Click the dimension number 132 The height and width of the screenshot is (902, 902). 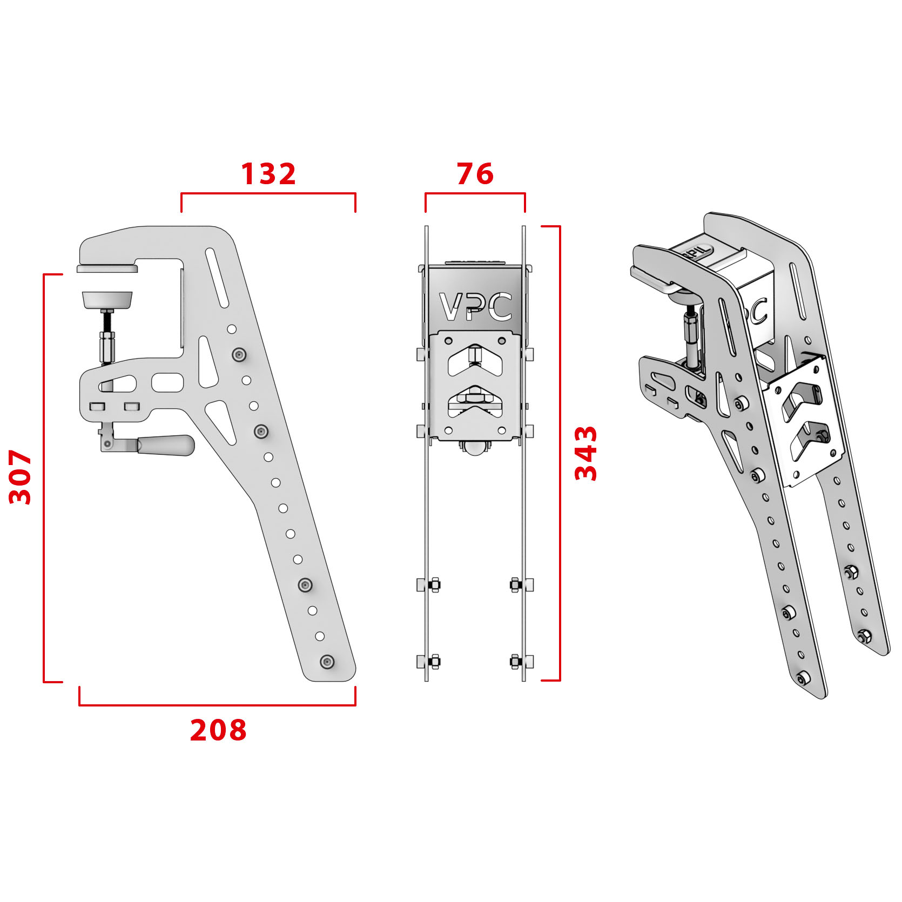pyautogui.click(x=268, y=174)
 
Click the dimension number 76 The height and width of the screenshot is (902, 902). pyautogui.click(x=475, y=174)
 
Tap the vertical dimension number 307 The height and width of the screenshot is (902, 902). pyautogui.click(x=21, y=477)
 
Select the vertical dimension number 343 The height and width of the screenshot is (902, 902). pyautogui.click(x=585, y=453)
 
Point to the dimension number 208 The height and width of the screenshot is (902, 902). pyautogui.click(x=218, y=730)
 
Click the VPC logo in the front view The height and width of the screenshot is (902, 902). pyautogui.click(x=475, y=307)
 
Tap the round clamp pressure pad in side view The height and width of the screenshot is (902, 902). pyautogui.click(x=107, y=300)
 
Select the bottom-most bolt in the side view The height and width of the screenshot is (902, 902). pyautogui.click(x=327, y=662)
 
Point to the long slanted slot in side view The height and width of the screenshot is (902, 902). pyautogui.click(x=217, y=278)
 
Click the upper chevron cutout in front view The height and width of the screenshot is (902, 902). pyautogui.click(x=475, y=361)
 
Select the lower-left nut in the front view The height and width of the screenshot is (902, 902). pyautogui.click(x=434, y=661)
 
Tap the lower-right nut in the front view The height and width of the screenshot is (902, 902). pyautogui.click(x=516, y=661)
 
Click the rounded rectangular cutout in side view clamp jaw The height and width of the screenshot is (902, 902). pyautogui.click(x=167, y=382)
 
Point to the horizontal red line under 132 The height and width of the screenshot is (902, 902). pyautogui.click(x=268, y=193)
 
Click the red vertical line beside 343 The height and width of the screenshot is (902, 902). pyautogui.click(x=560, y=453)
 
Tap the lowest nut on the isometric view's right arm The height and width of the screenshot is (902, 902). pyautogui.click(x=863, y=637)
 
